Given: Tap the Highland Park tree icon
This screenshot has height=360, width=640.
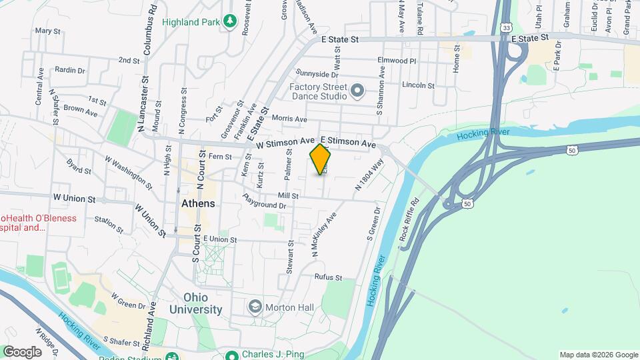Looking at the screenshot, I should coord(230,22).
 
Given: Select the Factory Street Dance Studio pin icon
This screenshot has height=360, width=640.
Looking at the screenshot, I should coord(357,90).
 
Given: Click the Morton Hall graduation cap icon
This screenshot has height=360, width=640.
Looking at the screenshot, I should coord(254,307).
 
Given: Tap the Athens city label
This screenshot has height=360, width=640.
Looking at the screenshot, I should coord(198,203).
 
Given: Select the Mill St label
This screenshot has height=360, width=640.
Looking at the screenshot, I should coord(289,196).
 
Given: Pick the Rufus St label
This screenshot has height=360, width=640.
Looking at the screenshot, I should coord(329,277).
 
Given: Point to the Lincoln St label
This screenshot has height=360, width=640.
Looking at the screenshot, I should coord(418,85).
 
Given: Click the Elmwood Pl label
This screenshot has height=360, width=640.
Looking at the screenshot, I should coord(397,61).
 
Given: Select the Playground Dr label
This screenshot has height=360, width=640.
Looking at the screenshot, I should coord(264,202).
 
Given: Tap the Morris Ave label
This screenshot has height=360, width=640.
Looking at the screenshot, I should coord(293,119).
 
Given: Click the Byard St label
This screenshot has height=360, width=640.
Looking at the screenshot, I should coord(79,167).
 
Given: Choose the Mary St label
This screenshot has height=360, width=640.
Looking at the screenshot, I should coord(47,31).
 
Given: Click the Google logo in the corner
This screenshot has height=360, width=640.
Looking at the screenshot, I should coord(22,351).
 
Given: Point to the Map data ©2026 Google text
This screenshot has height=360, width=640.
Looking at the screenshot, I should coord(598,355).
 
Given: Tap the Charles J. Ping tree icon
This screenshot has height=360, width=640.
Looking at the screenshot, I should coord(231,355).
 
